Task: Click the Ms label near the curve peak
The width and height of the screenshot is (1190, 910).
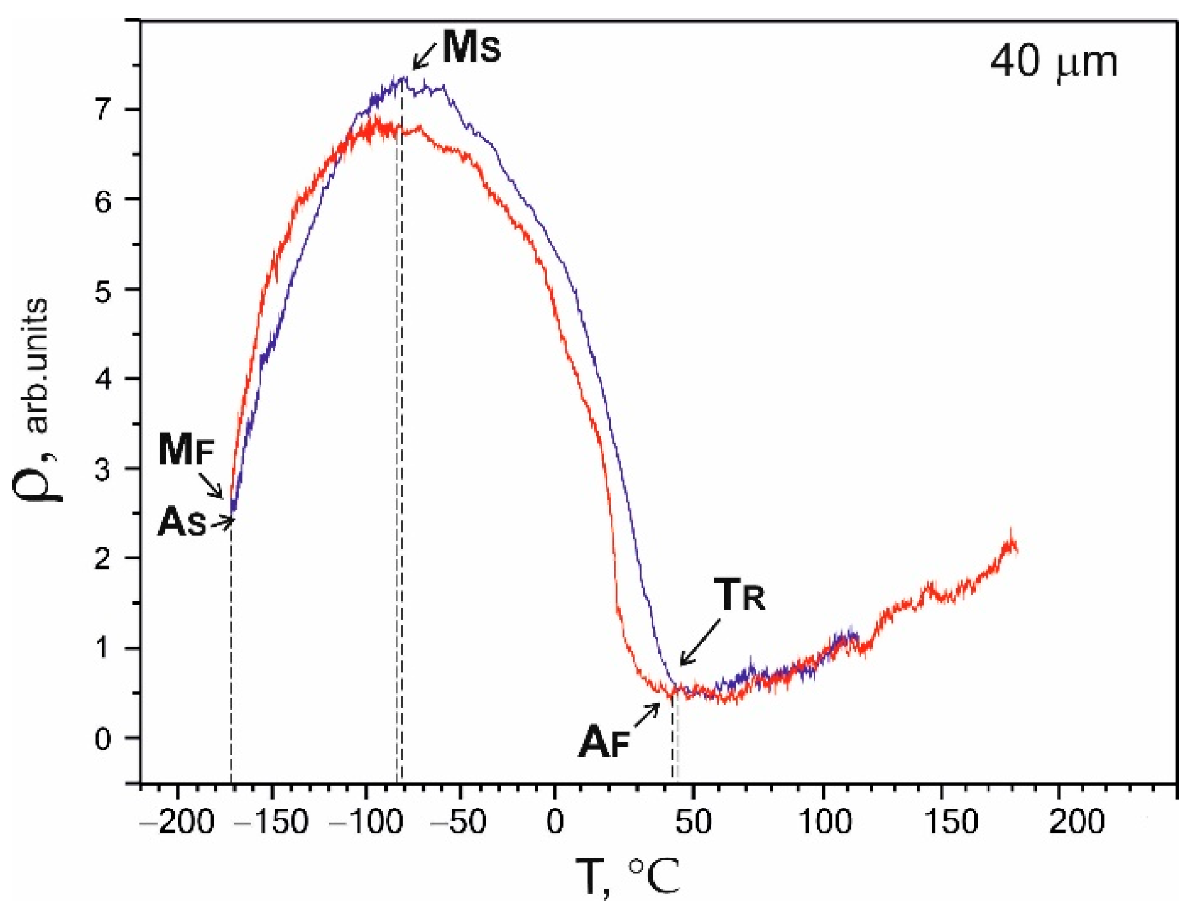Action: [471, 48]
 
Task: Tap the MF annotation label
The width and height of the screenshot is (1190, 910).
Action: [185, 449]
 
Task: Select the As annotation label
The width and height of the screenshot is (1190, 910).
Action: [181, 522]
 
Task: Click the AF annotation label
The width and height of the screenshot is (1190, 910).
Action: [604, 742]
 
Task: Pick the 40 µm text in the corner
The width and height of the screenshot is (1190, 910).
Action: [1053, 62]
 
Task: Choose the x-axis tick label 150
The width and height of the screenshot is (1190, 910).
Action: [951, 822]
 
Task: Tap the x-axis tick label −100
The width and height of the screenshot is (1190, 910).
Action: [366, 822]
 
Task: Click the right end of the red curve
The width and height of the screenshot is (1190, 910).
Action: [1015, 547]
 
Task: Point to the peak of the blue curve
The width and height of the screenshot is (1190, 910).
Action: [404, 78]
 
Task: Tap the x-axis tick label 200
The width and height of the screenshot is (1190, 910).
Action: [1076, 822]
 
